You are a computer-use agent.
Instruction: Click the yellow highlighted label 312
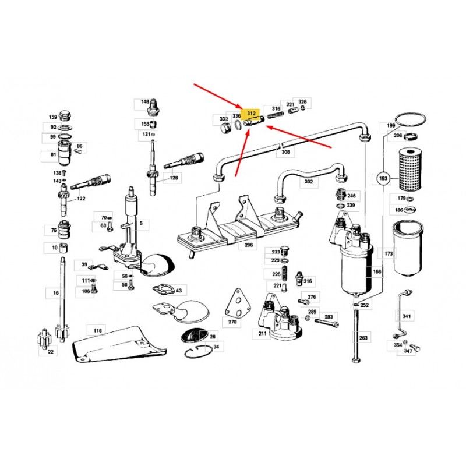tap(251, 113)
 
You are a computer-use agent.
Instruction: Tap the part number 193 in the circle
tap(383, 178)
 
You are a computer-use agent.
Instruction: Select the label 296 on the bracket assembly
tap(249, 245)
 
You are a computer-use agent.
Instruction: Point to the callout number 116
tap(97, 330)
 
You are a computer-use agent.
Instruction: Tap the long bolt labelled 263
tap(356, 336)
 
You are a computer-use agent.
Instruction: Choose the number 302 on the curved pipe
tap(309, 181)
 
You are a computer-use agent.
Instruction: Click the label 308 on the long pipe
tap(285, 152)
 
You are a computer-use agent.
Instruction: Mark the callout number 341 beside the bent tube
tap(406, 316)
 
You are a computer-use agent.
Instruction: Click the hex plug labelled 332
tap(226, 129)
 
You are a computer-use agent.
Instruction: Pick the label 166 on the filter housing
tap(376, 271)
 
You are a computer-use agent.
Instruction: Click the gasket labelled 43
tap(164, 290)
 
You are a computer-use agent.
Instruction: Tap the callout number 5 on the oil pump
tap(141, 223)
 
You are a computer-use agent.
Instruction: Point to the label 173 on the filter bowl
tap(389, 253)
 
